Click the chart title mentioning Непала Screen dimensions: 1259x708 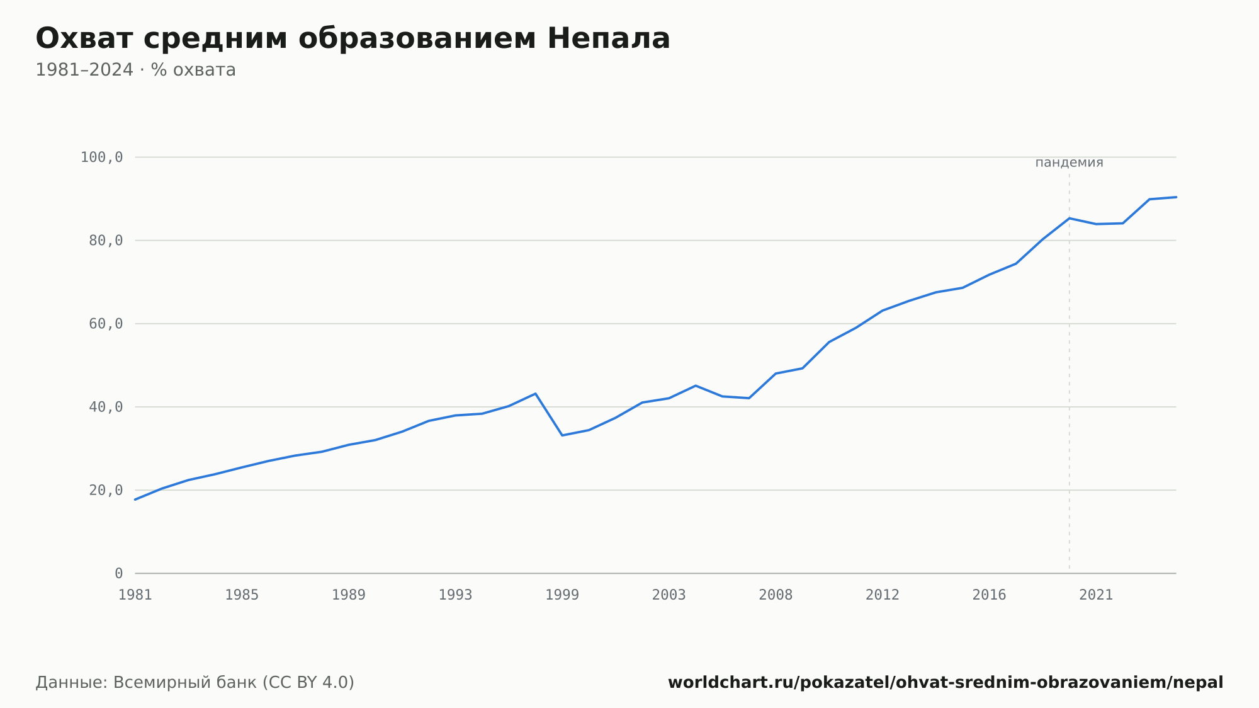pos(353,38)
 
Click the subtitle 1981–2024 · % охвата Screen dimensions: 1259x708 pos(135,70)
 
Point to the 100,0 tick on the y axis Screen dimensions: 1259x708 pos(101,157)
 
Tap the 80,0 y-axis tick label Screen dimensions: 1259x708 pos(106,241)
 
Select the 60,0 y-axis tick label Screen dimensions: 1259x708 pos(106,324)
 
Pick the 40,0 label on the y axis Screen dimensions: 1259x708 pos(106,407)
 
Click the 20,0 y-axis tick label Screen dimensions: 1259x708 pos(106,490)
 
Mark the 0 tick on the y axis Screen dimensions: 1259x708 pos(119,573)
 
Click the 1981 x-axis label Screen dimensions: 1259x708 pos(135,595)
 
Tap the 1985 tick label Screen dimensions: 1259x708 pos(242,595)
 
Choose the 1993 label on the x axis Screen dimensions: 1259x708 pos(455,595)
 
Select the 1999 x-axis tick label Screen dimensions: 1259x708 pos(562,595)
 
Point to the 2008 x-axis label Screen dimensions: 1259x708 pos(776,595)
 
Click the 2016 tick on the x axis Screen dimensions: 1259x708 pos(989,595)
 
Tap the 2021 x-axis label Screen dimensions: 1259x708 pos(1096,595)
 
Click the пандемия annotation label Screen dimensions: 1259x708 pos(1069,163)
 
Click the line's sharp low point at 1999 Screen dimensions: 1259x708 pos(562,435)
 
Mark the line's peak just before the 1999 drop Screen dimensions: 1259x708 pos(535,394)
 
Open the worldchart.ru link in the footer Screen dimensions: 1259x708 pos(946,682)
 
